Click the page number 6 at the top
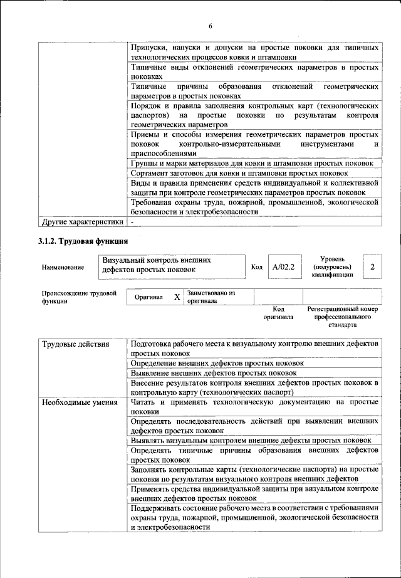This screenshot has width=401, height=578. coord(211,26)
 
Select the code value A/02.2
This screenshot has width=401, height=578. coord(283,268)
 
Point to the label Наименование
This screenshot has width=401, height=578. coord(63,268)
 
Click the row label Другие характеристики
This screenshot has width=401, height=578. coord(81,222)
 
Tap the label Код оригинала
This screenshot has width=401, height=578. coord(279,313)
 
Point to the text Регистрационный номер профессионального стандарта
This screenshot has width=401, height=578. coord(342,317)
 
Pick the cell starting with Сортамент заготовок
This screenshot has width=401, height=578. coord(239,173)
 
